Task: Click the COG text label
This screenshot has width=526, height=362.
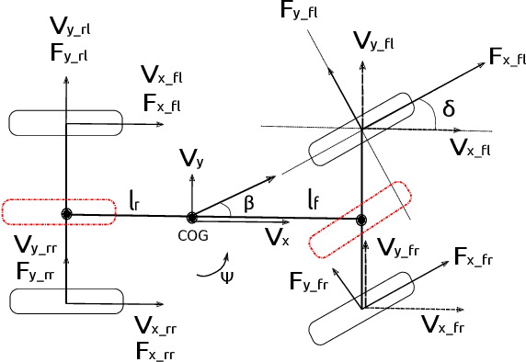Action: [191, 234]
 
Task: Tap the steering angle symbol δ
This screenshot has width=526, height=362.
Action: [449, 109]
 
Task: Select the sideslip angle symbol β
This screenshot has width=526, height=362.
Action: [249, 202]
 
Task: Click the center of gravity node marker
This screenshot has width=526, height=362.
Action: [191, 218]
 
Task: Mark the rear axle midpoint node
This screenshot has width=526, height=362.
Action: [66, 214]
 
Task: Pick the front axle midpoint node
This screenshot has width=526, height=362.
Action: [361, 219]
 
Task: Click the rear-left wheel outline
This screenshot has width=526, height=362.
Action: [65, 121]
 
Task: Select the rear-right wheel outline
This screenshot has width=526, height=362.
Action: [65, 300]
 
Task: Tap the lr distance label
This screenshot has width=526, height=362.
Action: [135, 197]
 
